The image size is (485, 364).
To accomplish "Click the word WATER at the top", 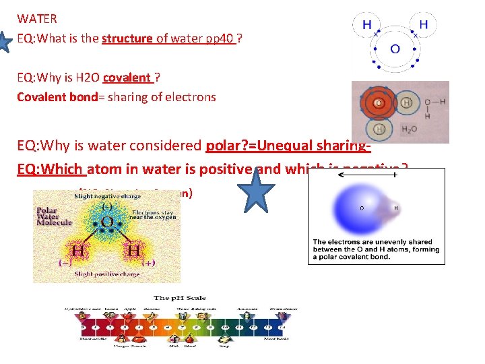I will [x=37, y=19].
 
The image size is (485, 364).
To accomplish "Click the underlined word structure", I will [x=127, y=38].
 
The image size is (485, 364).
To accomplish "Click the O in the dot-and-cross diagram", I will [x=395, y=49].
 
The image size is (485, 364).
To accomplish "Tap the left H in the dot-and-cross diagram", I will [x=366, y=24].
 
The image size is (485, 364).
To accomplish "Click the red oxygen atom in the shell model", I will [x=379, y=104].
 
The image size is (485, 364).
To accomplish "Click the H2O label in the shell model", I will [x=409, y=129].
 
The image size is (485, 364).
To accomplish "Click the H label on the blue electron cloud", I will [x=395, y=208].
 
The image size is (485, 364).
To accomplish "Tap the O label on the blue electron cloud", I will [x=362, y=208].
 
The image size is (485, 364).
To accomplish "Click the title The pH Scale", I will [x=180, y=298].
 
